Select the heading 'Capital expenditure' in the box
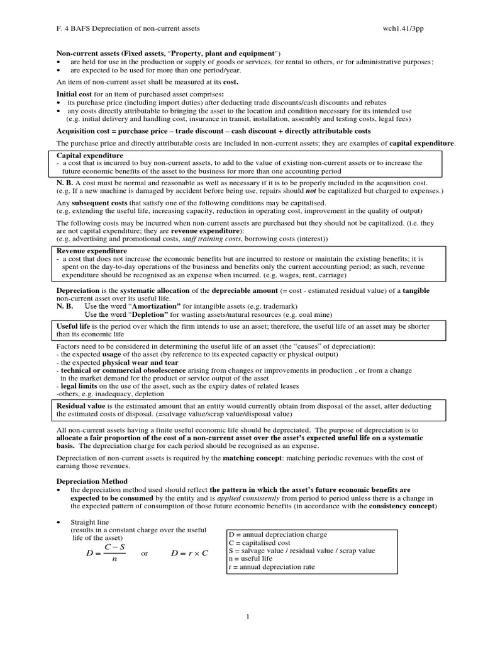coord(90,155)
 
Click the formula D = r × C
coord(189,553)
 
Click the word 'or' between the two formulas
coord(145,554)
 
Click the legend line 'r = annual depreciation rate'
coord(271,567)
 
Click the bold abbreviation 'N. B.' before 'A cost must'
coord(64,183)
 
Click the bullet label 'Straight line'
coord(89,523)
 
